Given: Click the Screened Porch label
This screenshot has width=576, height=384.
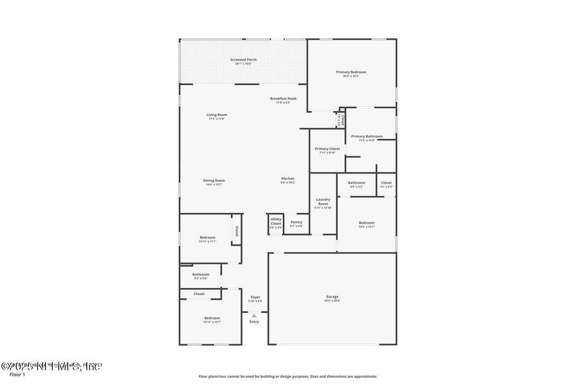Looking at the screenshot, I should coord(243,60).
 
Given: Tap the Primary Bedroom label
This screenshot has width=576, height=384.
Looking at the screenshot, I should coord(351,72).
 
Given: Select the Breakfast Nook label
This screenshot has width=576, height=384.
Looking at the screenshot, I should coord(283,99).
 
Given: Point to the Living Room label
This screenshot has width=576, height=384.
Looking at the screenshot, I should coord(217,115).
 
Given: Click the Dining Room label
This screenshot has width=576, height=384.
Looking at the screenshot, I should coord(214,180).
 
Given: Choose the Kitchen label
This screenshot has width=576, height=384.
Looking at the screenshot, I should coord(288,179).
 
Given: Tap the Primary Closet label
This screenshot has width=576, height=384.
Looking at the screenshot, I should coord(327,148).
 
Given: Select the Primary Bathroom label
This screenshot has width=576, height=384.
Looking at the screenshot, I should coord(367,136).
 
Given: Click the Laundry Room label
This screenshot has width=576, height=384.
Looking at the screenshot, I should coord(323,202).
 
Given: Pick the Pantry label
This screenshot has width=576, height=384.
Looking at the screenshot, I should coord(296,222).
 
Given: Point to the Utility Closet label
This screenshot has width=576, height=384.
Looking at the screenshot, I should coord(276,221).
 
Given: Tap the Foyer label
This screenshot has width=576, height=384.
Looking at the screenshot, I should coord(255,297).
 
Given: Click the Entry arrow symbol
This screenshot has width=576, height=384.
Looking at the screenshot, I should coord(254,316).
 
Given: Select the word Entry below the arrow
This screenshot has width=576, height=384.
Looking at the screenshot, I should coord(254,321).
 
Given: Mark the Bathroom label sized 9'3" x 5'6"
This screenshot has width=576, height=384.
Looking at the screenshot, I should coord(200,275).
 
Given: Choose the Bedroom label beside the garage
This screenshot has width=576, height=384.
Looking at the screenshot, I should coord(366,223).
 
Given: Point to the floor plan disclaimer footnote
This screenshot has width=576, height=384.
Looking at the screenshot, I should coord(287,376).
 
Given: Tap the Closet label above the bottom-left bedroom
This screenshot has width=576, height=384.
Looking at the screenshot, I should coord(199,294).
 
